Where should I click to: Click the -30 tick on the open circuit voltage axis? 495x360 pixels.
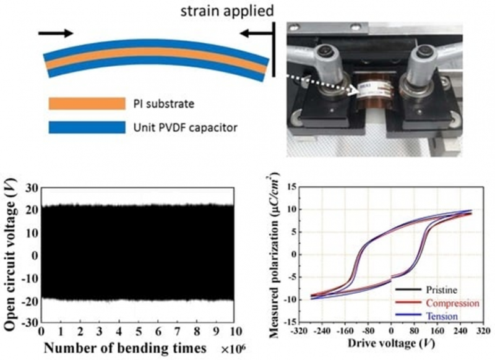tap(28, 322)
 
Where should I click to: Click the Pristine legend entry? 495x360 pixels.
tap(441, 289)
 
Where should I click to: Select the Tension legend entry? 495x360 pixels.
tap(441, 317)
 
